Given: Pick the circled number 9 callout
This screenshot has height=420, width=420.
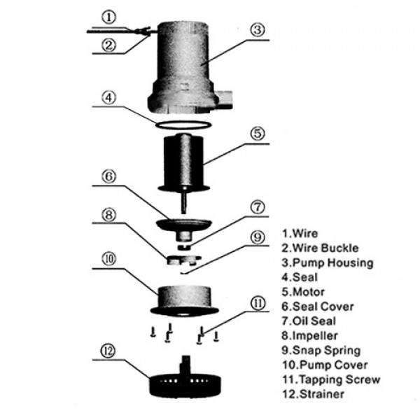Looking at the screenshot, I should click(257, 237).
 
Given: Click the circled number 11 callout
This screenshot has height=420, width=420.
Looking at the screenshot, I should click(258, 304).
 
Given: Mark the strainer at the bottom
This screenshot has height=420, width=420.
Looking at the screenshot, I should click(184, 381).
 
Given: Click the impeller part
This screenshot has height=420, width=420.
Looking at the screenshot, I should click(183, 261).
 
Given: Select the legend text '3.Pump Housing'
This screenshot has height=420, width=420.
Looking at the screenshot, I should click(327, 263).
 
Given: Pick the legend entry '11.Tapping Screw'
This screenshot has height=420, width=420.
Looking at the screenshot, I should click(331, 379).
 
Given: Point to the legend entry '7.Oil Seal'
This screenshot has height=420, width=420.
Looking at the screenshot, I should click(312, 321).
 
